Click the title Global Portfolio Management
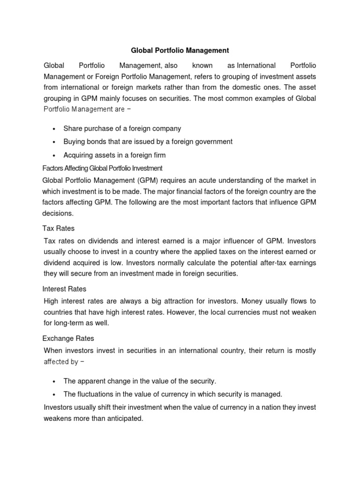180,50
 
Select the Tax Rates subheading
59,228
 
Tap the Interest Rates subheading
64,289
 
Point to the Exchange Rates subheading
68,338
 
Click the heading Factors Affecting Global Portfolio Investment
102,168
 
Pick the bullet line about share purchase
122,128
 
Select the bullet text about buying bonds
148,142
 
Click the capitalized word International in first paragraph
256,65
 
